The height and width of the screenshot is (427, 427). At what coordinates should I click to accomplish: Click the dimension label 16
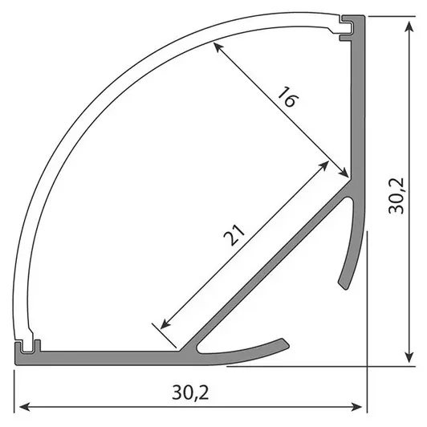pos(288,102)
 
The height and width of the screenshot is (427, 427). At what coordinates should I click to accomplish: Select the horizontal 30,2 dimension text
pos(190,393)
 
